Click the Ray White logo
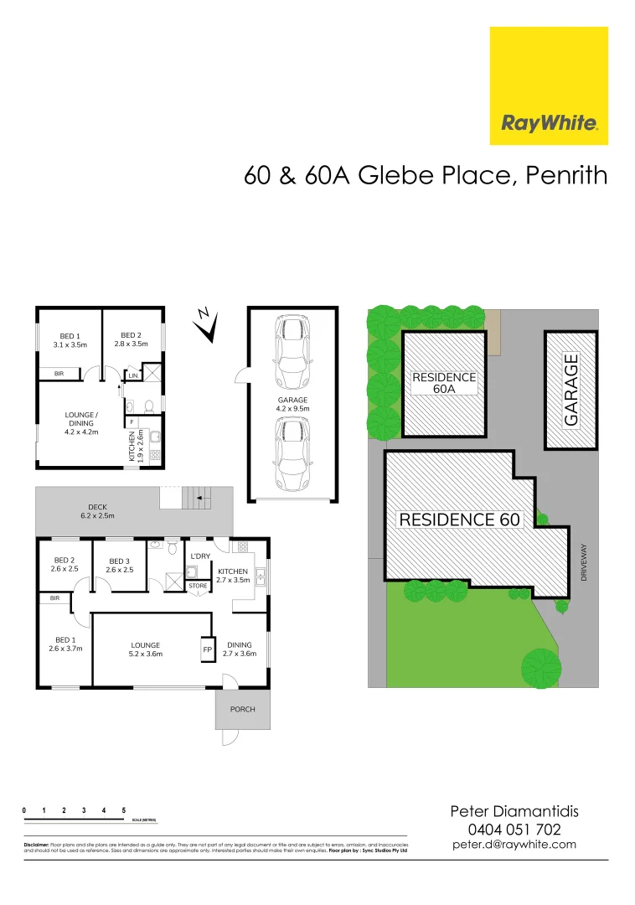click(x=549, y=85)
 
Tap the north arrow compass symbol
click(x=206, y=325)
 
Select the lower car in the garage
click(x=292, y=452)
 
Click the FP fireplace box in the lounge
click(x=207, y=649)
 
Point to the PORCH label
click(x=242, y=709)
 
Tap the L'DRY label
click(x=200, y=556)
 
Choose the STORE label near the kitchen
click(x=198, y=586)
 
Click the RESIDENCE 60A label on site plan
click(x=444, y=383)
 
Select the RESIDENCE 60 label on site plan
click(x=460, y=520)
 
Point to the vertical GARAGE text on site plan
click(x=571, y=390)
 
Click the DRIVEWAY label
click(x=585, y=563)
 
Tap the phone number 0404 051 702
click(x=514, y=829)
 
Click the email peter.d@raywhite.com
click(x=514, y=845)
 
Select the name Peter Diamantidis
click(x=514, y=811)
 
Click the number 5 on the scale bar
click(x=124, y=810)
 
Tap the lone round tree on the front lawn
click(x=540, y=667)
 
